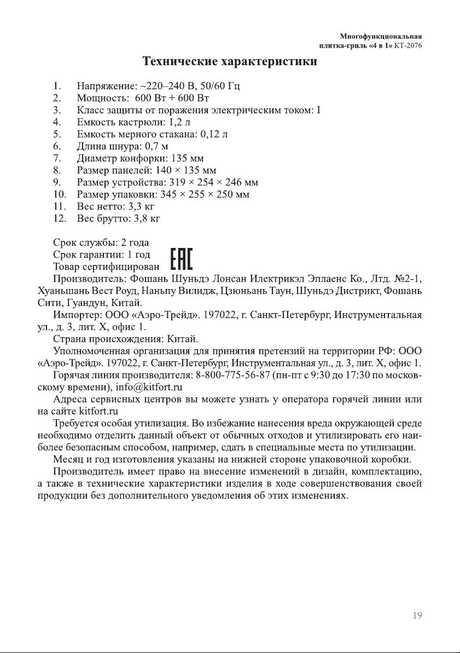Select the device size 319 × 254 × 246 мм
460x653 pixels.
[214, 182]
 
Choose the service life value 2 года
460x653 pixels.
[135, 242]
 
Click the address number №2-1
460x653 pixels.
[407, 279]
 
